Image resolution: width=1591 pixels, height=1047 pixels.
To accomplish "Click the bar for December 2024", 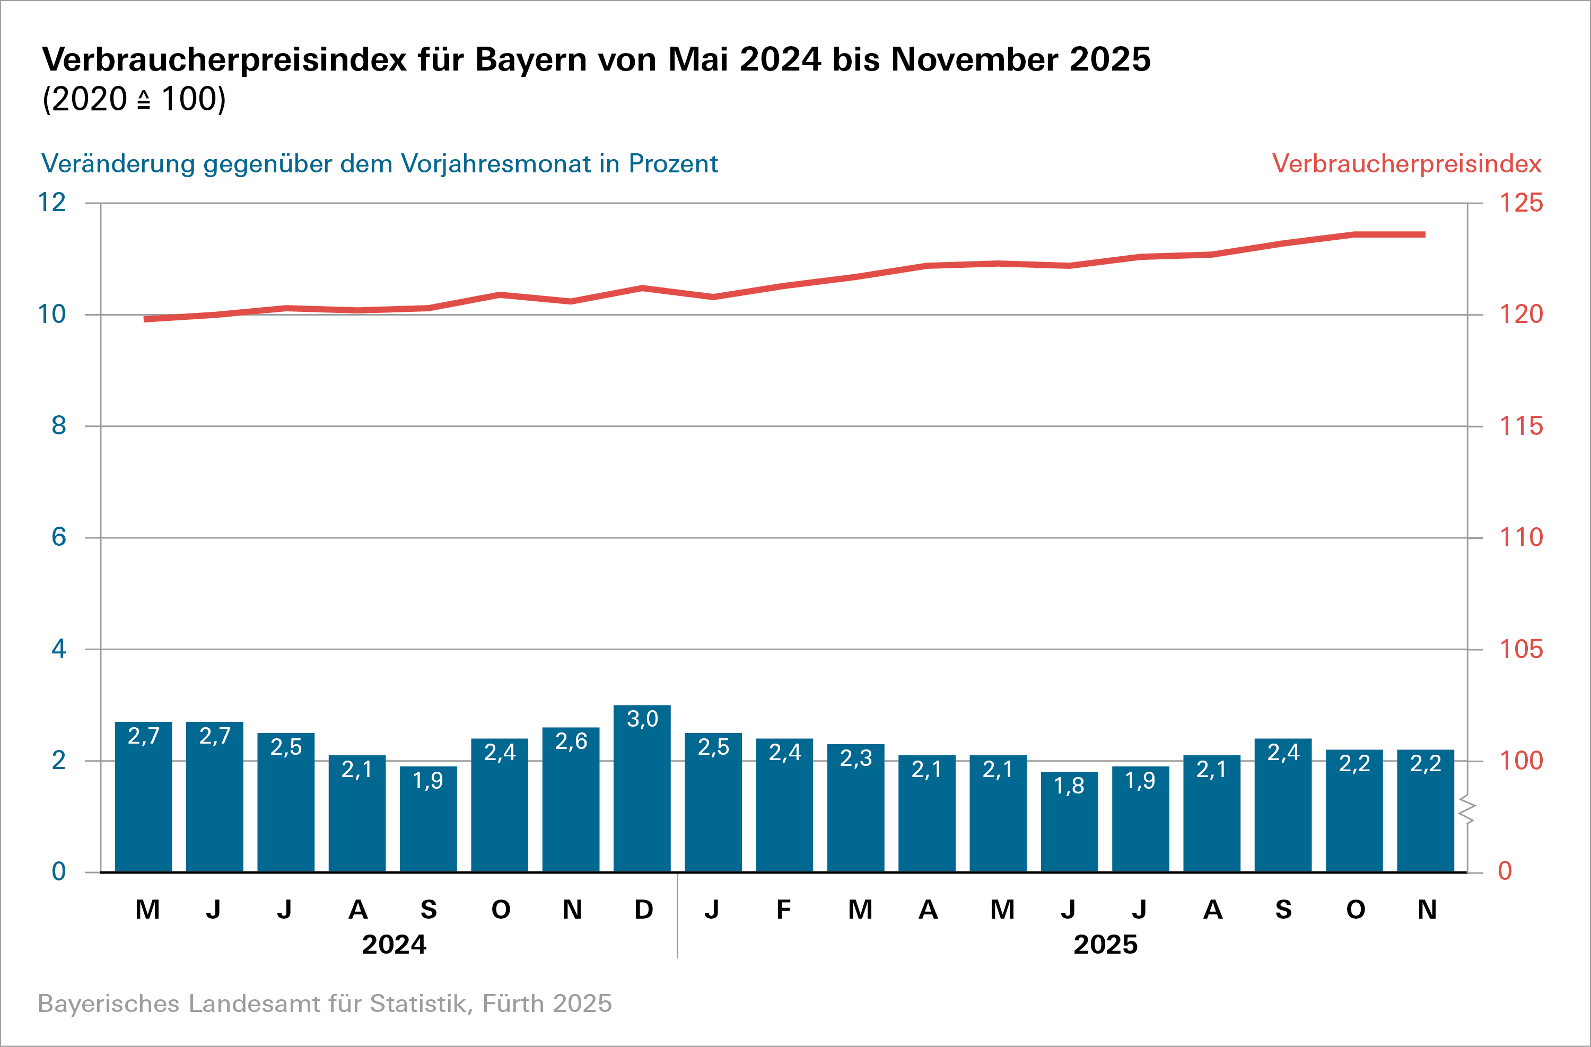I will pos(642,796).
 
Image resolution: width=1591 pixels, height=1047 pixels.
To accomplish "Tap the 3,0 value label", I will pos(642,719).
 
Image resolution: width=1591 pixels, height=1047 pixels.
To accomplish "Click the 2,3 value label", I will pos(855,758).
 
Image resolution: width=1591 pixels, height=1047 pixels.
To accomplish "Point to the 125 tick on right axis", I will pos(1521,203).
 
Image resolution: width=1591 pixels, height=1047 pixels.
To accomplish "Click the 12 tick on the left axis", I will pos(52,203).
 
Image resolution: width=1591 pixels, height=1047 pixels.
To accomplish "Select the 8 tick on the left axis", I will pos(59,426).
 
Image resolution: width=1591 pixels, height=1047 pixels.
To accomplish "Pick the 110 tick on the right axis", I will pos(1521,537).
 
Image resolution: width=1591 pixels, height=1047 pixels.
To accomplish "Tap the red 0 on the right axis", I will pos(1505,871).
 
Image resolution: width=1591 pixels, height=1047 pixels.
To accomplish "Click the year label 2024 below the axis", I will pos(394,945).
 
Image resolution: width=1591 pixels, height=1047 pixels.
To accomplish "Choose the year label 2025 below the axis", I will pos(1105,945).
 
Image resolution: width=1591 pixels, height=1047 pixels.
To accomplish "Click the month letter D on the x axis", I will pos(643,909).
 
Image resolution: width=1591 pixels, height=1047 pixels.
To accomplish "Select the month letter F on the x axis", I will pos(783,909).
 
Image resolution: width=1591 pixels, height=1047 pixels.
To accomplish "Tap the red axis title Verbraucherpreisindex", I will pos(1406,164).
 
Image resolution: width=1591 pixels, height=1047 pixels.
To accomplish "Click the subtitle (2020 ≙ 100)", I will pos(134,100).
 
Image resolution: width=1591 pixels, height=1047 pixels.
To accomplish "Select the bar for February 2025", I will pos(784,809).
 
